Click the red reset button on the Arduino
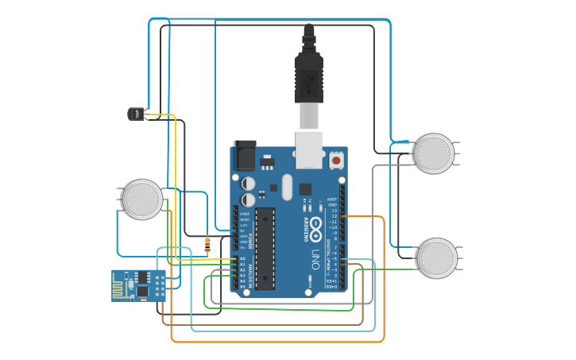point(336,161)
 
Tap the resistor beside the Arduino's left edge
point(207,246)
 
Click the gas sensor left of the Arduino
point(143,199)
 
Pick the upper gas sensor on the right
point(434,153)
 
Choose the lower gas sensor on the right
point(437,257)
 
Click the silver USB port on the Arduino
point(309,149)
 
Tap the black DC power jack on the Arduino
point(245,156)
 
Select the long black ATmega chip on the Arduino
point(265,248)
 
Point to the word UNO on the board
point(315,259)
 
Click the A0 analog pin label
point(242,258)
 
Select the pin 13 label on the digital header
point(334,211)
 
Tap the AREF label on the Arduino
point(332,199)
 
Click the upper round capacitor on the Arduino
point(249,183)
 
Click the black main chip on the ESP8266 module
point(142,291)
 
